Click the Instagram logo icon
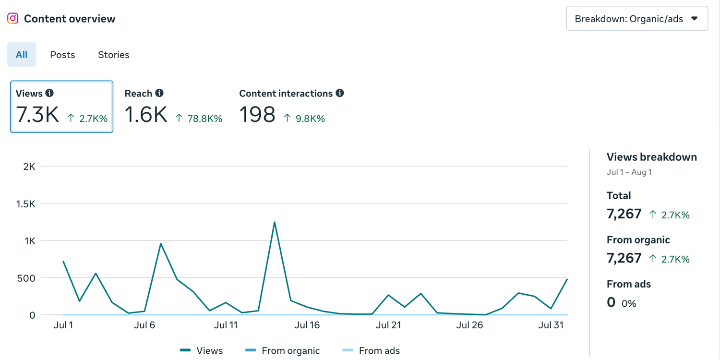(13, 18)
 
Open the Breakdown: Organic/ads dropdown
(637, 19)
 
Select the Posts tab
(62, 55)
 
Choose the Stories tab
(113, 55)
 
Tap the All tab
(22, 54)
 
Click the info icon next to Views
(49, 93)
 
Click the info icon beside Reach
(159, 93)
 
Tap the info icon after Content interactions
(340, 93)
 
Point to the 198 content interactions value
(257, 115)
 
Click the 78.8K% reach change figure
(205, 119)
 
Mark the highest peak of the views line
(275, 222)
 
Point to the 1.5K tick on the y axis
(26, 204)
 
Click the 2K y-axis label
(29, 167)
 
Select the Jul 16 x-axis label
(307, 325)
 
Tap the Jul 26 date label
(469, 325)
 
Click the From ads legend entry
(371, 350)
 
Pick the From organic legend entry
(282, 350)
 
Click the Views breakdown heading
(651, 157)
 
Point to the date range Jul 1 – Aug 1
(629, 172)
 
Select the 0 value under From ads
(611, 302)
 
